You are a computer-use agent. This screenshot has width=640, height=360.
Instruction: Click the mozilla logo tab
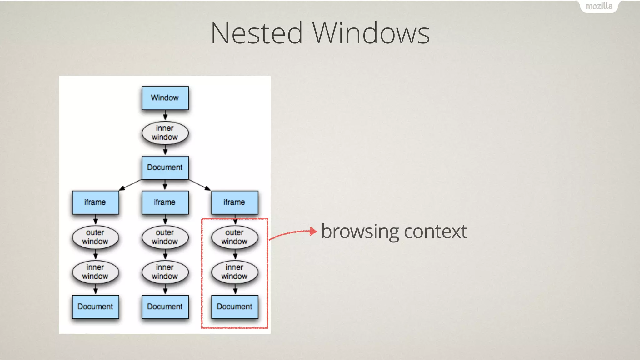pos(599,6)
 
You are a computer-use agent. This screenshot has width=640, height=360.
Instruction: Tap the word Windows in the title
pos(371,33)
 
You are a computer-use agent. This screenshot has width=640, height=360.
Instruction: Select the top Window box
pos(165,98)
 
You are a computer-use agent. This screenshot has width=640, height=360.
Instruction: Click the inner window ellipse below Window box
pos(165,133)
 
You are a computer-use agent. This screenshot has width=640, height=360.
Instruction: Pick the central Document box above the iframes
pos(165,167)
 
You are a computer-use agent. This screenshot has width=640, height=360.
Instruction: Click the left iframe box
pos(95,202)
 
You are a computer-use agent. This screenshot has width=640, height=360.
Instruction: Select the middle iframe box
pos(165,202)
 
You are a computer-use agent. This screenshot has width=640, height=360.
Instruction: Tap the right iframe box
pos(235,202)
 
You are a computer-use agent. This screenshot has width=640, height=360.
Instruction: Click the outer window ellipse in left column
pos(95,237)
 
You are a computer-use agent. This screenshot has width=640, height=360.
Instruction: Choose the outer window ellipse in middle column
pos(165,237)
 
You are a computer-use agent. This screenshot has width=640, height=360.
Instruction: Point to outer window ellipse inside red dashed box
pos(235,237)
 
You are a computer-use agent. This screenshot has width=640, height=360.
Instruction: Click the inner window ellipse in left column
pos(95,272)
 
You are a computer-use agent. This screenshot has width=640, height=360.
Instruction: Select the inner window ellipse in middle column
pos(165,272)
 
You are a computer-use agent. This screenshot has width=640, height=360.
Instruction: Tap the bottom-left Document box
pos(95,307)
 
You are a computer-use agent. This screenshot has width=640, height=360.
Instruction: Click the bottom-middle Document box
pos(165,307)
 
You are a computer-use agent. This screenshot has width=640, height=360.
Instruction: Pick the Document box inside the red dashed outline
pos(235,307)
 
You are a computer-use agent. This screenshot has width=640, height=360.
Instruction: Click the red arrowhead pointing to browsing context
pos(313,231)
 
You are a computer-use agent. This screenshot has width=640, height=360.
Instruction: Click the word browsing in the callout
pos(360,232)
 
